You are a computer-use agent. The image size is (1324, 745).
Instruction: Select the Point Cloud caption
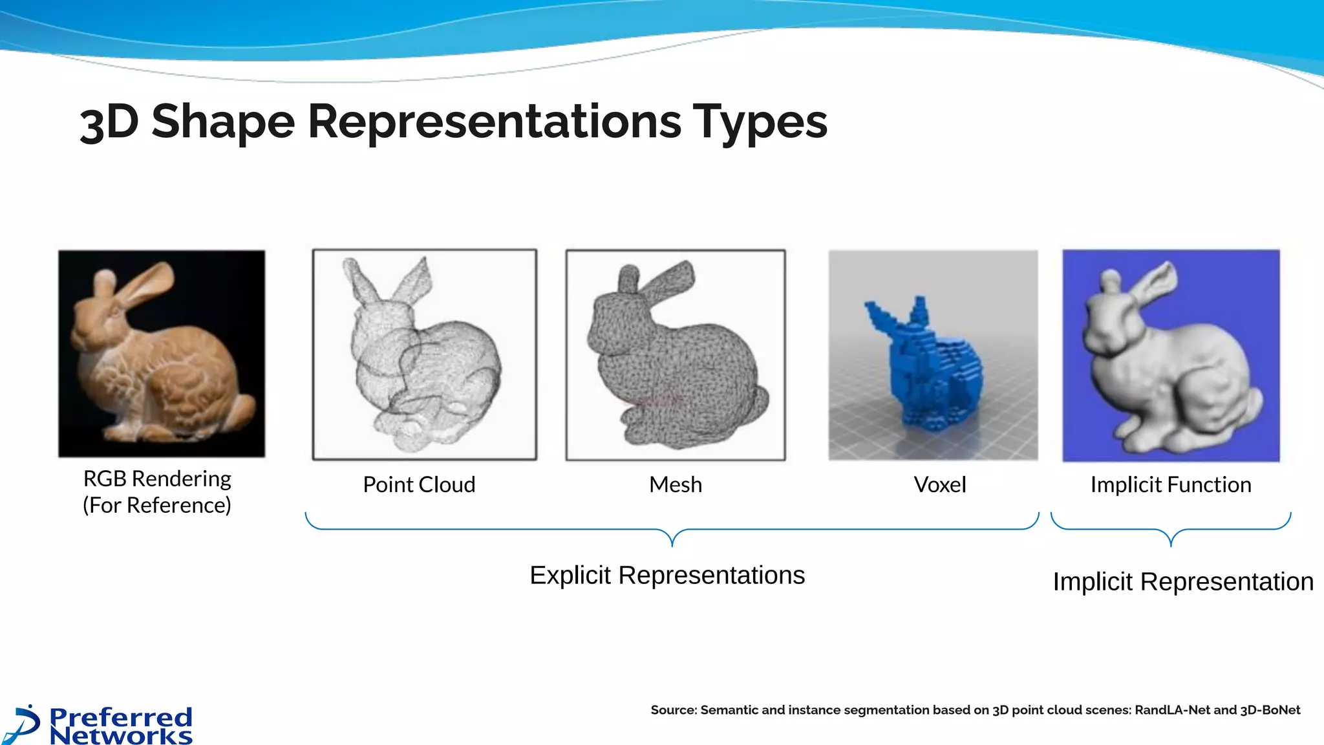419,484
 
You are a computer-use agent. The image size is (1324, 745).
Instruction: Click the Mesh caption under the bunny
675,484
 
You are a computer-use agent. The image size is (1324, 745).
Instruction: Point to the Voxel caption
939,484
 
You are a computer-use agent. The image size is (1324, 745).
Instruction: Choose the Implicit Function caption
1170,484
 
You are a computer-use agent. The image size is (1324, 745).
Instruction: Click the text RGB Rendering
157,479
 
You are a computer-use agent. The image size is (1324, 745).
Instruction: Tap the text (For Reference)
156,505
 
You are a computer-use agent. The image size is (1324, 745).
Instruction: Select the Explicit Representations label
667,575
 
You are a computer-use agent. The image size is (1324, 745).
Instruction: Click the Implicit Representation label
1182,581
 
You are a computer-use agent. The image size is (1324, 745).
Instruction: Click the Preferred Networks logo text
121,726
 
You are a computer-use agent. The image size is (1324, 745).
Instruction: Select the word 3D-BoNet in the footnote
1270,710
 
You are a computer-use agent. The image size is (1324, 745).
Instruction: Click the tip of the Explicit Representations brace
672,545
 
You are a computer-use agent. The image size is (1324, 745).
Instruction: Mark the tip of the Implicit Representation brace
1171,545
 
